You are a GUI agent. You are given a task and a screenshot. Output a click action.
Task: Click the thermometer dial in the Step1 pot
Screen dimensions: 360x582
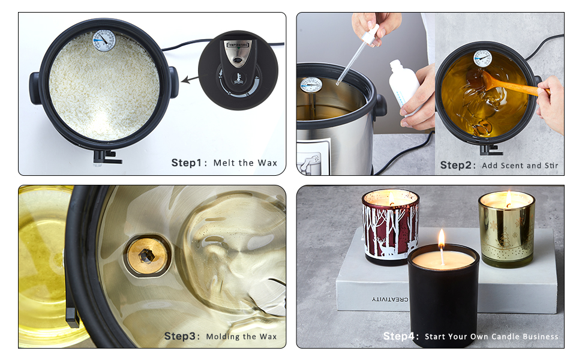point(104,41)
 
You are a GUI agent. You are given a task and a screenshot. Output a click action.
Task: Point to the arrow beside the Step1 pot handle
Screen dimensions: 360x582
point(191,78)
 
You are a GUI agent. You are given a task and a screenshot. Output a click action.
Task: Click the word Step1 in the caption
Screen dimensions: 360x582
point(188,163)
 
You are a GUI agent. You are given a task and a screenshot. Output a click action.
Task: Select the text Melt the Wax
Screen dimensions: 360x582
point(245,163)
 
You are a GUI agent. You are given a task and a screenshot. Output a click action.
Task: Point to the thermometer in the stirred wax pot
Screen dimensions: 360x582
point(482,58)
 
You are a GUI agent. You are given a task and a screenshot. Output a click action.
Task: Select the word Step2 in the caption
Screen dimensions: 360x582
point(457,165)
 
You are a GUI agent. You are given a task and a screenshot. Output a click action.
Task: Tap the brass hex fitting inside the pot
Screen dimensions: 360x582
point(146,254)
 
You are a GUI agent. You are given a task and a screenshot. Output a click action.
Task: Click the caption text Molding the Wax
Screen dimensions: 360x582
point(241,337)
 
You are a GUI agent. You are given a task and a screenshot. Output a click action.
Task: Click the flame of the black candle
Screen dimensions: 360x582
point(442,238)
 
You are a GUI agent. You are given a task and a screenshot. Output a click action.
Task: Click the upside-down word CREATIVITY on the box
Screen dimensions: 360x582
point(390,299)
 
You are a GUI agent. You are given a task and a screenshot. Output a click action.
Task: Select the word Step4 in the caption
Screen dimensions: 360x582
point(401,337)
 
